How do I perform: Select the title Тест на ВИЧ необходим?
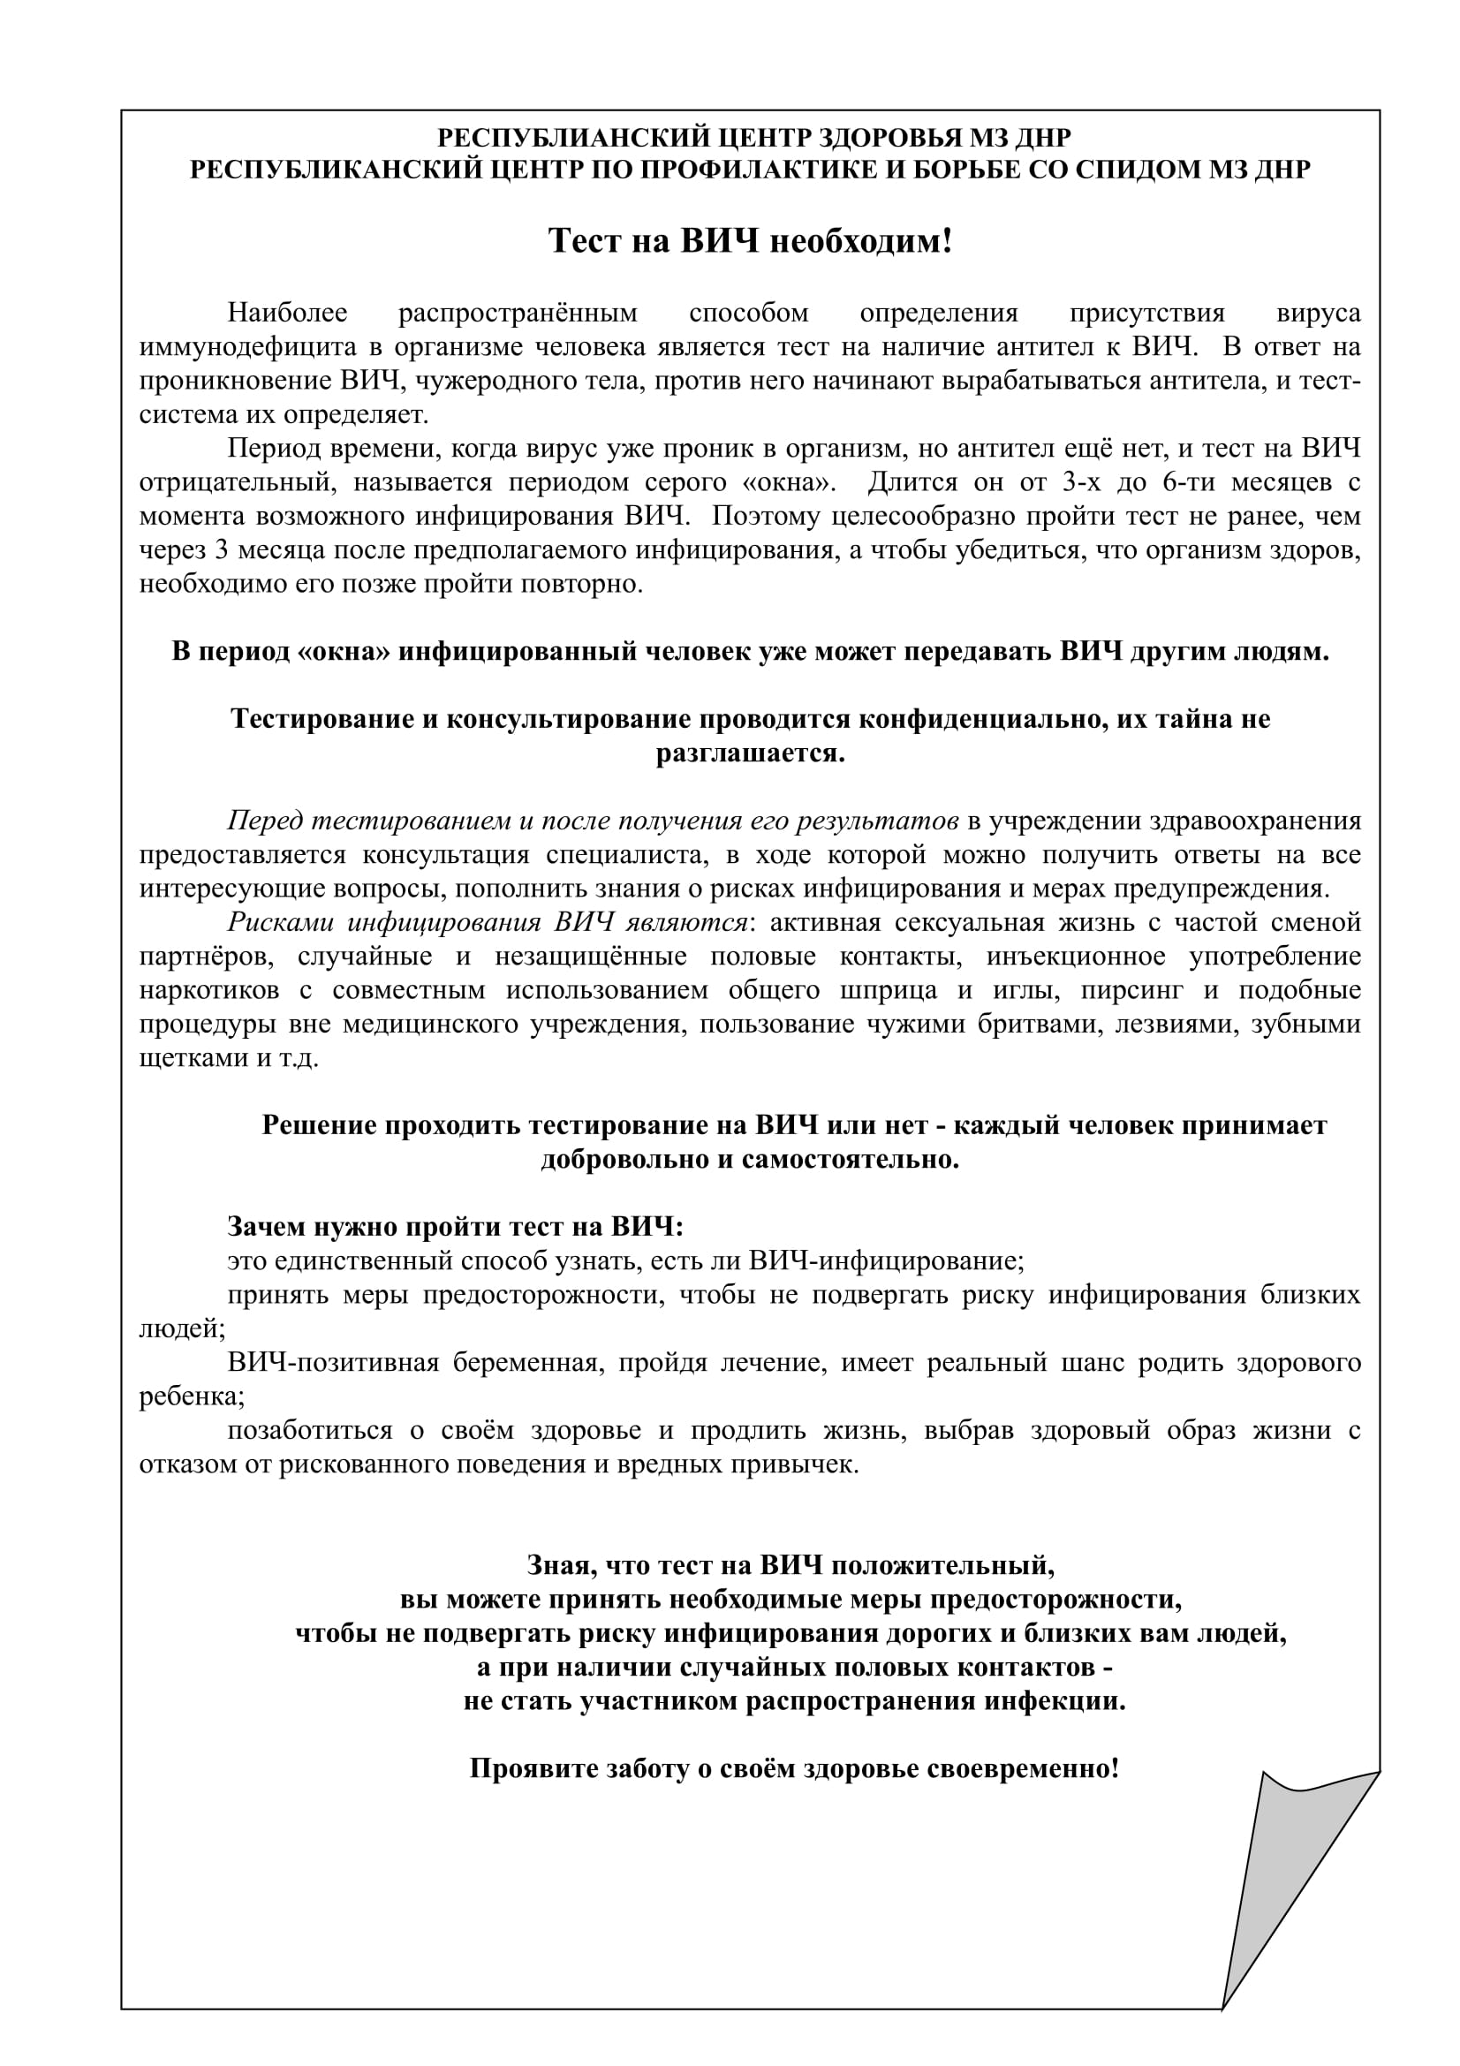point(749,241)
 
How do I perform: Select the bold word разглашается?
point(750,753)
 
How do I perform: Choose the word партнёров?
point(206,956)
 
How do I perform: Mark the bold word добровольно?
point(625,1159)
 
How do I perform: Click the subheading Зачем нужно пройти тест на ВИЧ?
point(455,1227)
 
